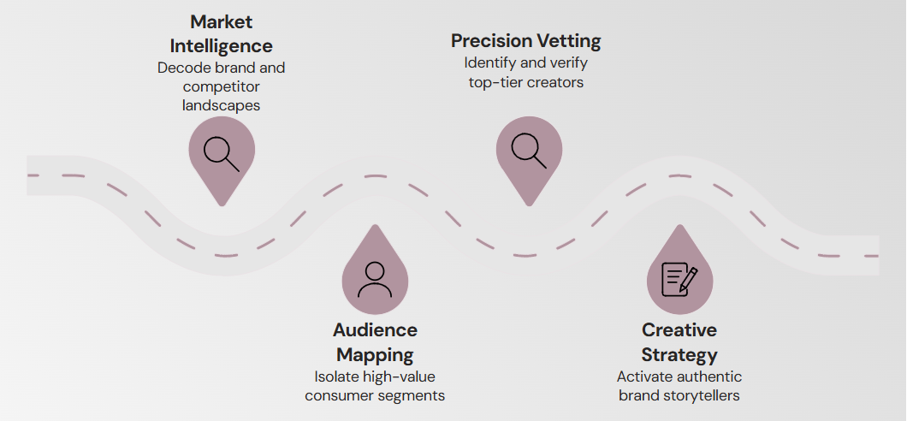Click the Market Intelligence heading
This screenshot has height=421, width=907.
[222, 33]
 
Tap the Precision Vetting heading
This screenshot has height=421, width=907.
[526, 41]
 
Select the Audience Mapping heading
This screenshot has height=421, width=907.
[375, 341]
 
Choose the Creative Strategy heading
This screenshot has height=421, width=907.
[679, 341]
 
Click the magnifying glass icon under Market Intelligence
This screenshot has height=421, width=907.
[221, 152]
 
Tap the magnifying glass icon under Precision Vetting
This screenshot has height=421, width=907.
[529, 150]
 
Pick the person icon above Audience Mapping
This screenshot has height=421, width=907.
[375, 278]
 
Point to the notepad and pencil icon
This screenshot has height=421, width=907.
[679, 279]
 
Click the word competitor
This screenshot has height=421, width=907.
[222, 86]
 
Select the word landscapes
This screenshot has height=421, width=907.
[222, 105]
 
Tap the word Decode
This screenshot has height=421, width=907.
[181, 68]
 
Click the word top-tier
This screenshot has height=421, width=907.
[498, 82]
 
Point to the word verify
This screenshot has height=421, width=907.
[568, 63]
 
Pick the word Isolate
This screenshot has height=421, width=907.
[334, 377]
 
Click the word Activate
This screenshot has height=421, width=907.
[643, 377]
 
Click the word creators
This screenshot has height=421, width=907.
[556, 82]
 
